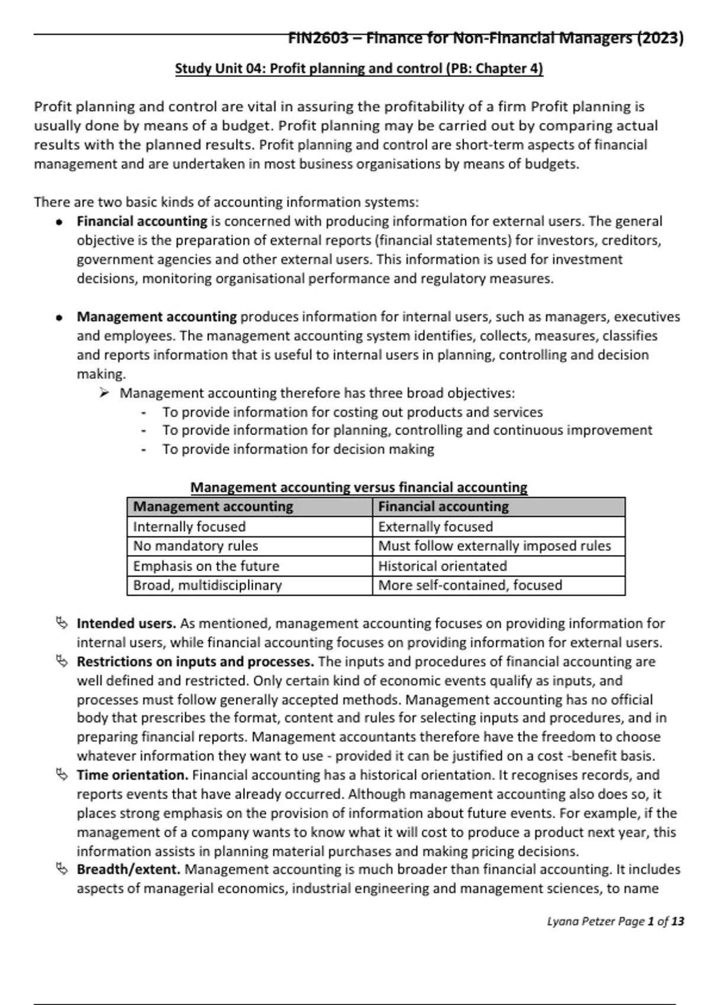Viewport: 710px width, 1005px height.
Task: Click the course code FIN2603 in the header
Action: click(x=318, y=38)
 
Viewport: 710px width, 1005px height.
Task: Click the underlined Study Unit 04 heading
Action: click(x=359, y=69)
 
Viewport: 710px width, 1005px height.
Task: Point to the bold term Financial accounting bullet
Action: click(x=142, y=221)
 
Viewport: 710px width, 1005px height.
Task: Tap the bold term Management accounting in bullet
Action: click(x=157, y=317)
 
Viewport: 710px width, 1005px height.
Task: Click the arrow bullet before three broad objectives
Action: click(x=104, y=393)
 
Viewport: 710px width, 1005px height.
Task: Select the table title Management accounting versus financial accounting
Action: click(x=359, y=488)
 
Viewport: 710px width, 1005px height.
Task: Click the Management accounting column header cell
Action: click(x=249, y=507)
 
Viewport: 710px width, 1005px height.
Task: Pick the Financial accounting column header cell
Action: click(x=498, y=507)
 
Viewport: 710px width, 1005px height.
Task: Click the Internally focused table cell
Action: click(x=249, y=527)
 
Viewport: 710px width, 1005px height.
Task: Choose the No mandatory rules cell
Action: click(x=249, y=546)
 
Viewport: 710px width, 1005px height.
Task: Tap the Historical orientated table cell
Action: click(x=498, y=566)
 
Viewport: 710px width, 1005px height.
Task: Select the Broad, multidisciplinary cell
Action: click(x=249, y=585)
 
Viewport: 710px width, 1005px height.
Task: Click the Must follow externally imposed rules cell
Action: click(x=498, y=546)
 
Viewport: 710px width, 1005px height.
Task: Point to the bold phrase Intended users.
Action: click(x=127, y=624)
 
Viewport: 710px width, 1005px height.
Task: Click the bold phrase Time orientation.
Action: click(x=133, y=775)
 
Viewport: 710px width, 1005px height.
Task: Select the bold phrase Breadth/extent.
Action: click(x=128, y=870)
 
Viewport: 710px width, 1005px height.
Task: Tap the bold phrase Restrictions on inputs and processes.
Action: click(x=195, y=662)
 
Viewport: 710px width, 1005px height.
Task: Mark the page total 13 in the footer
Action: click(x=677, y=921)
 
